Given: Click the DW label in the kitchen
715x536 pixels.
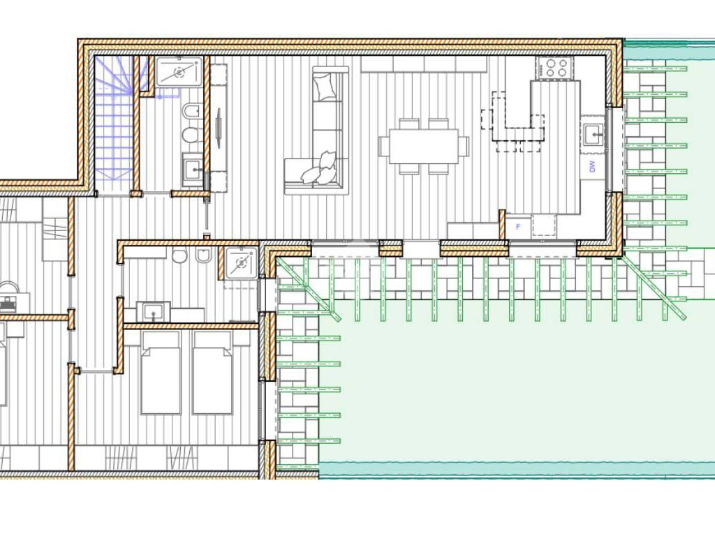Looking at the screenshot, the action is coord(592,167).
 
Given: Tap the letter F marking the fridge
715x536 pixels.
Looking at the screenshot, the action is coord(518,227).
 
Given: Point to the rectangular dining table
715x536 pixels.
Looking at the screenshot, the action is coord(424,146).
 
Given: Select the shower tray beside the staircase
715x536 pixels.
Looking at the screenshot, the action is coord(179,71).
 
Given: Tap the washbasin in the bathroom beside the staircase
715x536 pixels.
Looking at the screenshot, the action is coord(193,170).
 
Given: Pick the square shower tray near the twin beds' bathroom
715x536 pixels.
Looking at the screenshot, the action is coord(241,262).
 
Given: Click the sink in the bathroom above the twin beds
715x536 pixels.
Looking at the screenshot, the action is coord(153,312).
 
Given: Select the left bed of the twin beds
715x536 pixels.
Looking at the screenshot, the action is coord(161,373).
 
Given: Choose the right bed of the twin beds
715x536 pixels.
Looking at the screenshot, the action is coord(212,373).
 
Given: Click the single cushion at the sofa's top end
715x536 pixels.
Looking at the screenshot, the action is coord(325,86).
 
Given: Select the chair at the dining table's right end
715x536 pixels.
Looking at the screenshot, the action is coord(464,146).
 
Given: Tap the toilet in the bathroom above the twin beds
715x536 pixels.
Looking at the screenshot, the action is coord(179,255).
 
